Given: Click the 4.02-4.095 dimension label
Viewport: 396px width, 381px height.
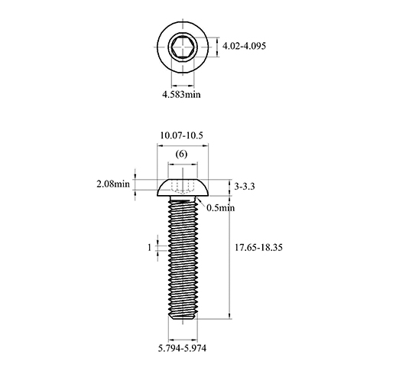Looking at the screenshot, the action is pyautogui.click(x=244, y=46).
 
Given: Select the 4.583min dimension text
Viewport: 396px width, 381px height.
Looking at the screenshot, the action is pyautogui.click(x=181, y=95).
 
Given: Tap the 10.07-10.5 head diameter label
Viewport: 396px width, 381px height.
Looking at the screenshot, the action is pyautogui.click(x=181, y=135).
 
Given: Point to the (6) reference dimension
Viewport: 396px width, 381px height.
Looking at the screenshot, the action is pyautogui.click(x=181, y=154).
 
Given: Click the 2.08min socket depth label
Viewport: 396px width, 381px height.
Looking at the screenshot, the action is pyautogui.click(x=113, y=184).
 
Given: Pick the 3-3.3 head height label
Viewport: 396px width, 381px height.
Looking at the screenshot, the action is pyautogui.click(x=245, y=187).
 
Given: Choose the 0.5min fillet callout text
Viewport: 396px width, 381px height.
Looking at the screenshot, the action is pyautogui.click(x=221, y=208).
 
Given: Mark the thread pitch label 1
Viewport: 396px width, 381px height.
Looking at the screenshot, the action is pyautogui.click(x=150, y=247).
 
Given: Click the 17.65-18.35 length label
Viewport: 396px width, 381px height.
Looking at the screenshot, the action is pyautogui.click(x=258, y=248).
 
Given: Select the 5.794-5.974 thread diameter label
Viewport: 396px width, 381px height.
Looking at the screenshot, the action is pyautogui.click(x=182, y=348).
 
